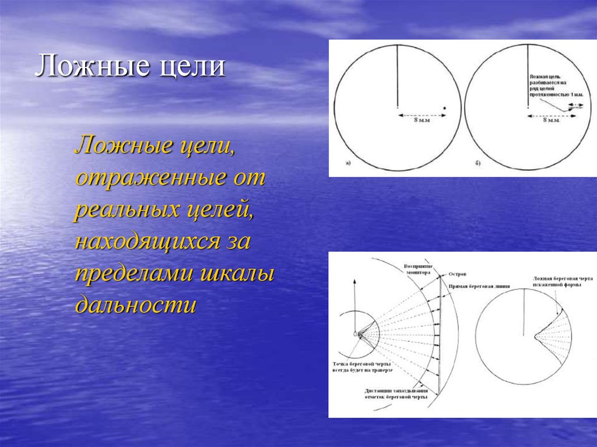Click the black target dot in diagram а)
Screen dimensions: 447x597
(444, 108)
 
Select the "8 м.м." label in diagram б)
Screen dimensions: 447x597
(552, 121)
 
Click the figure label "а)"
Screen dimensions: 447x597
(348, 163)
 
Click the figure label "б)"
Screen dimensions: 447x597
(477, 163)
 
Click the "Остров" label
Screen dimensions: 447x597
(458, 274)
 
